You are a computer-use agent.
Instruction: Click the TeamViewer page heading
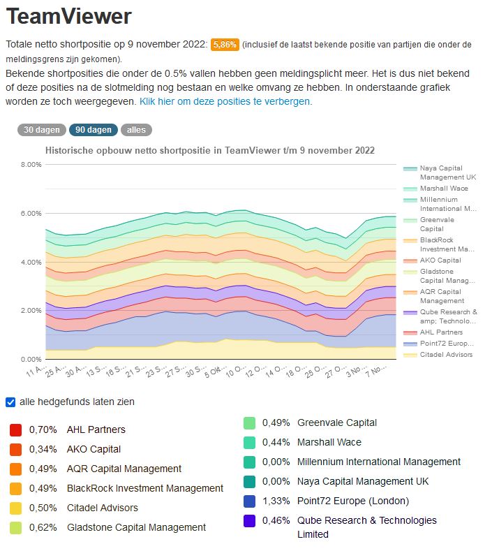click(68, 17)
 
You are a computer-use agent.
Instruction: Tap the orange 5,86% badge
click(225, 44)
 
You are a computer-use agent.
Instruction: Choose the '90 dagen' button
click(93, 130)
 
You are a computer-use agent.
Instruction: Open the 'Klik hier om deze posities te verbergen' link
click(225, 101)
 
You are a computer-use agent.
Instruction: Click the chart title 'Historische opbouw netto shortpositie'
click(209, 151)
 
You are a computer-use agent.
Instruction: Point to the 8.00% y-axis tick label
click(31, 165)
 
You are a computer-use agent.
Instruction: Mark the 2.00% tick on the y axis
click(31, 311)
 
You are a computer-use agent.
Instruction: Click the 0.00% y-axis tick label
click(31, 359)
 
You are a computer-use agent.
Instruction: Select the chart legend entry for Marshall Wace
click(443, 189)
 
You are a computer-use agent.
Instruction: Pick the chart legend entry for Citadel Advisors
click(446, 355)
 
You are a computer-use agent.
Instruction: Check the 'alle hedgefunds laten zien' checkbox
click(10, 402)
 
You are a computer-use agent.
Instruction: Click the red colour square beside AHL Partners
click(15, 429)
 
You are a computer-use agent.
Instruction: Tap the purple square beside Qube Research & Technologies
click(249, 520)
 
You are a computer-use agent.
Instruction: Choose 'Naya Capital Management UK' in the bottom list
click(363, 481)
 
